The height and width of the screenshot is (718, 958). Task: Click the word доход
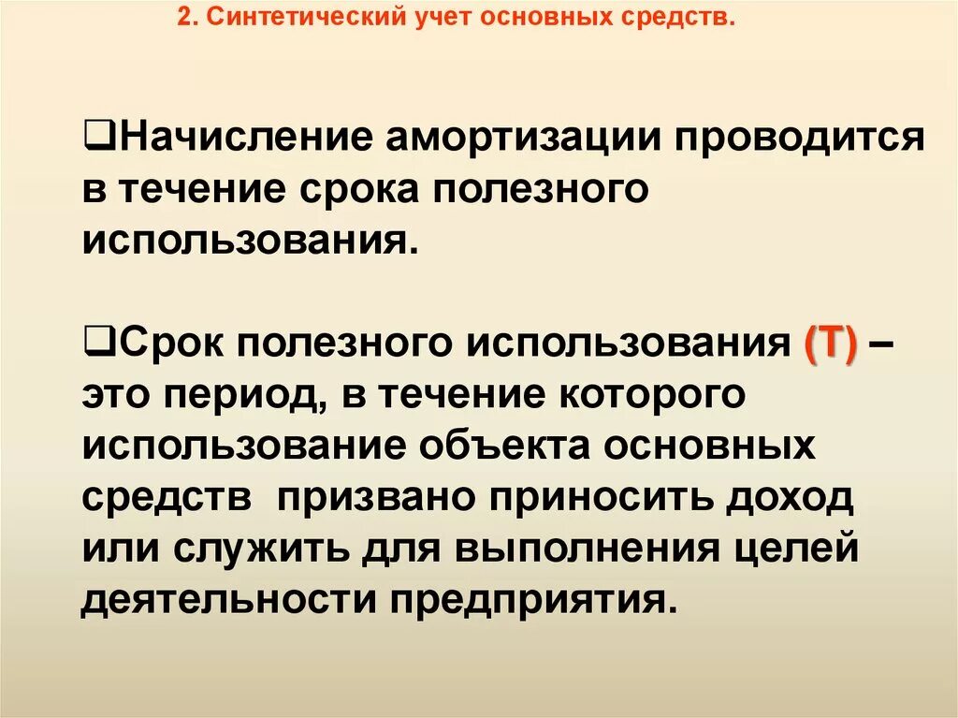pos(791,497)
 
